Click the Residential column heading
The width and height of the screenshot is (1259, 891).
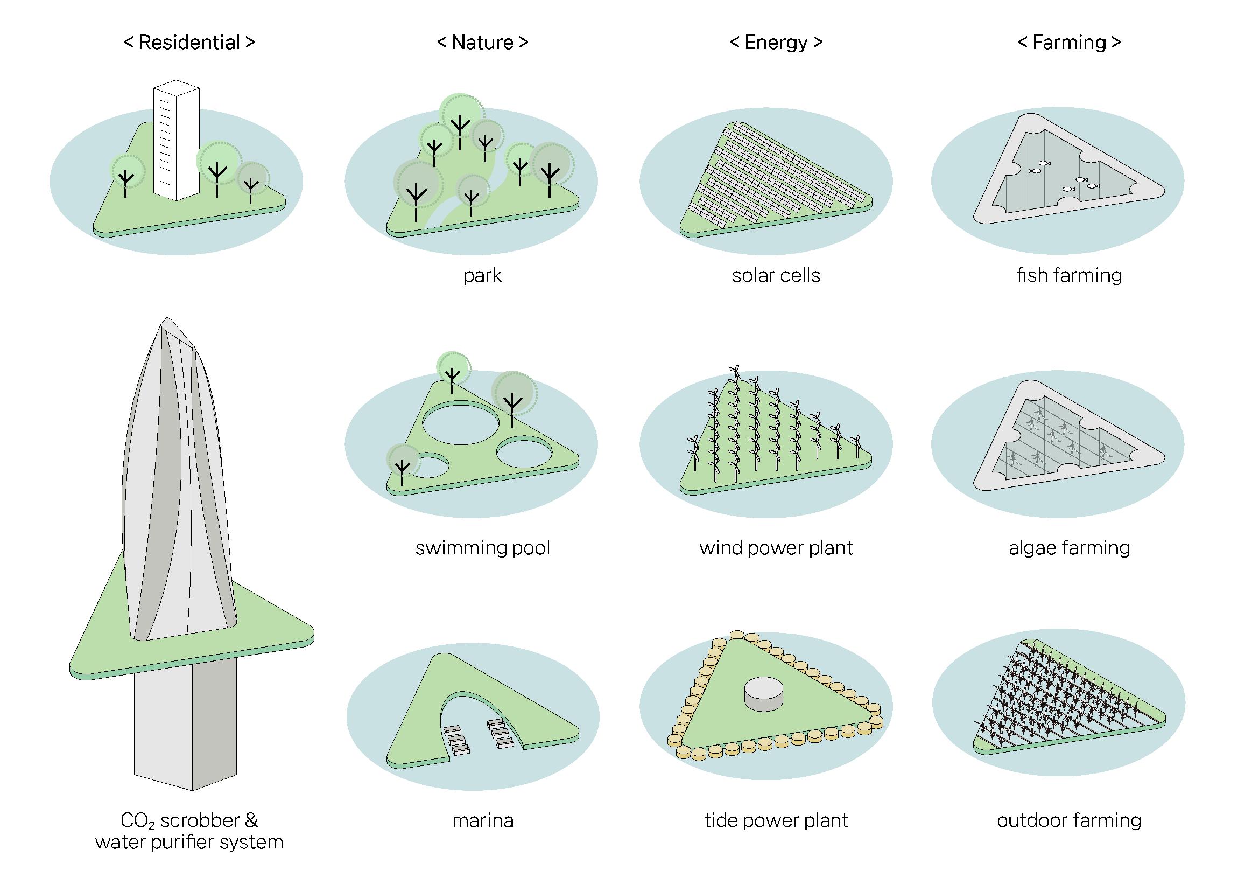[x=189, y=42]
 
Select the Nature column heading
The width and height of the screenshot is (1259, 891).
[x=482, y=42]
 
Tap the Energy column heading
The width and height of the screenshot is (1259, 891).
[x=776, y=42]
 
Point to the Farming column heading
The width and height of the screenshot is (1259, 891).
[x=1069, y=42]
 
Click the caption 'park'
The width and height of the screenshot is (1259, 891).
[x=482, y=275]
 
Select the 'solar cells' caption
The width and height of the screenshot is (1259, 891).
[x=776, y=275]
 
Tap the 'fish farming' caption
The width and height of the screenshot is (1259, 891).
[x=1069, y=275]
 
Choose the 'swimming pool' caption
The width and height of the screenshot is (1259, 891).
[x=482, y=548]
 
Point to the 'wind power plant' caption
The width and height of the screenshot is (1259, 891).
[x=776, y=548]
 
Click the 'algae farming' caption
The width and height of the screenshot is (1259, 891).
[x=1070, y=548]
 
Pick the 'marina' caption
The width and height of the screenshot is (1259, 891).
[x=482, y=821]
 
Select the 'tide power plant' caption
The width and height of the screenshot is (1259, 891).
[x=776, y=821]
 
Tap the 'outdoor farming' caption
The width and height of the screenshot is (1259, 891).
[x=1070, y=821]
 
